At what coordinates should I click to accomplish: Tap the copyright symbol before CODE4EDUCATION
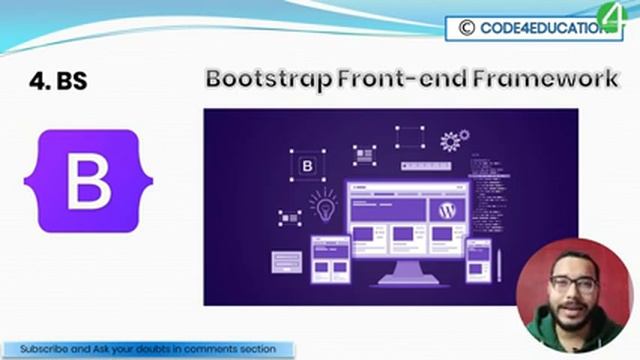pos(466,29)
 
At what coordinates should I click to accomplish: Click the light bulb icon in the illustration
pos(322,206)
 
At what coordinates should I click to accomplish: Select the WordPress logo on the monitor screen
pos(446,211)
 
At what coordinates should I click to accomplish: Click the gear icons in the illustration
pos(455,142)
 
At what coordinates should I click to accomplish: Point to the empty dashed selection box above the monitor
pos(409,137)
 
